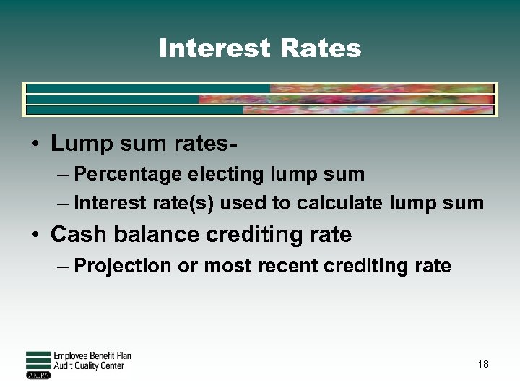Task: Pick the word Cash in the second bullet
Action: coord(75,234)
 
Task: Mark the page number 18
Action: coord(483,364)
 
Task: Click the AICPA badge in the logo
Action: coord(35,375)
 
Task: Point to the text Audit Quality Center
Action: coord(89,365)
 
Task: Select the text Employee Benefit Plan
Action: coord(92,356)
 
